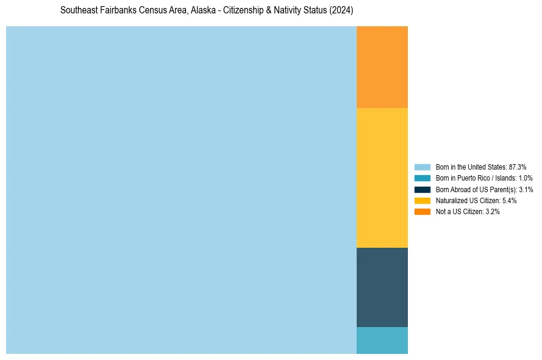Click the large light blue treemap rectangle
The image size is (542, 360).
(x=181, y=190)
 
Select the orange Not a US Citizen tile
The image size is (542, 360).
(x=382, y=67)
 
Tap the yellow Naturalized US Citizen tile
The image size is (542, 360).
(x=382, y=178)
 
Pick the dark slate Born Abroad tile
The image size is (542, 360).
(x=382, y=287)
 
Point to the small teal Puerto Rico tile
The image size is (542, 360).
(x=382, y=340)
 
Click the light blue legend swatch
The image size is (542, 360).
(x=423, y=167)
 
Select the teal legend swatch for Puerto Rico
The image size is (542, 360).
(x=423, y=178)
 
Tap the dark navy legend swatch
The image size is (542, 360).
(x=423, y=189)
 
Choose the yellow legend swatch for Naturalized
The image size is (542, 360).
(x=423, y=200)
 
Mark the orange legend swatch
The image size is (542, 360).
(x=423, y=211)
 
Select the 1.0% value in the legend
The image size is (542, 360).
(x=526, y=178)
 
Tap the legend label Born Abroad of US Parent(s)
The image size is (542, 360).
(x=476, y=189)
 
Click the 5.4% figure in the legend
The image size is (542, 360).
(x=509, y=200)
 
